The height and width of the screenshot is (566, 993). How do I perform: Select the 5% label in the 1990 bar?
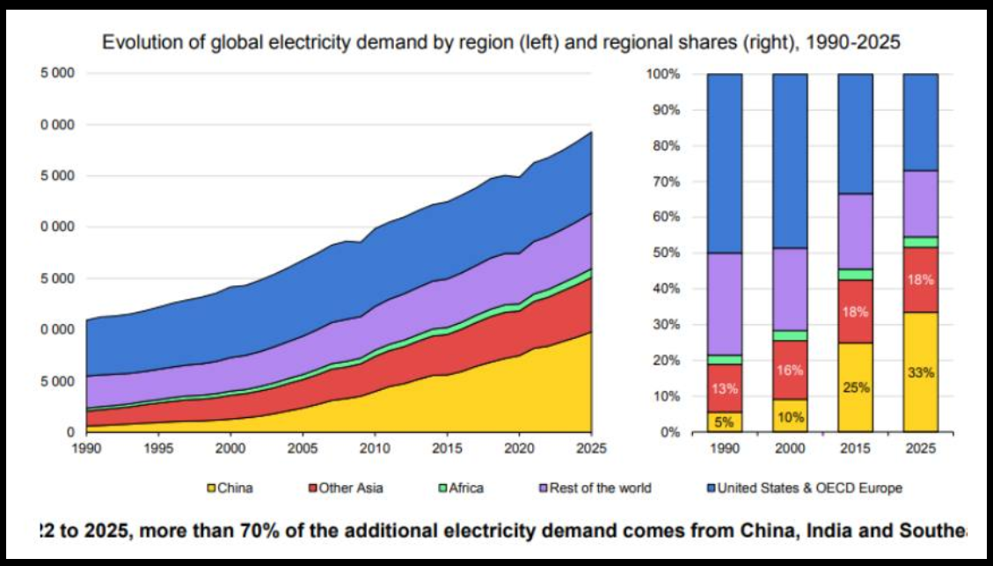point(724,422)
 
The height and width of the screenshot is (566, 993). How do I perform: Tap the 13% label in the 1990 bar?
point(724,388)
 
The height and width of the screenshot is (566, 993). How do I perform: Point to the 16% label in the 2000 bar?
point(790,371)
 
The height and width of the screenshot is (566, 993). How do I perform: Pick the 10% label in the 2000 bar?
point(790,417)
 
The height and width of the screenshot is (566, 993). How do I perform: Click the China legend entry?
point(230,488)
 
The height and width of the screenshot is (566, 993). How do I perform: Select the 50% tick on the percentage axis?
point(664,254)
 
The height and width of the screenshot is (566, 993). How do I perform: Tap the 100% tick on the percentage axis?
point(662,74)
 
